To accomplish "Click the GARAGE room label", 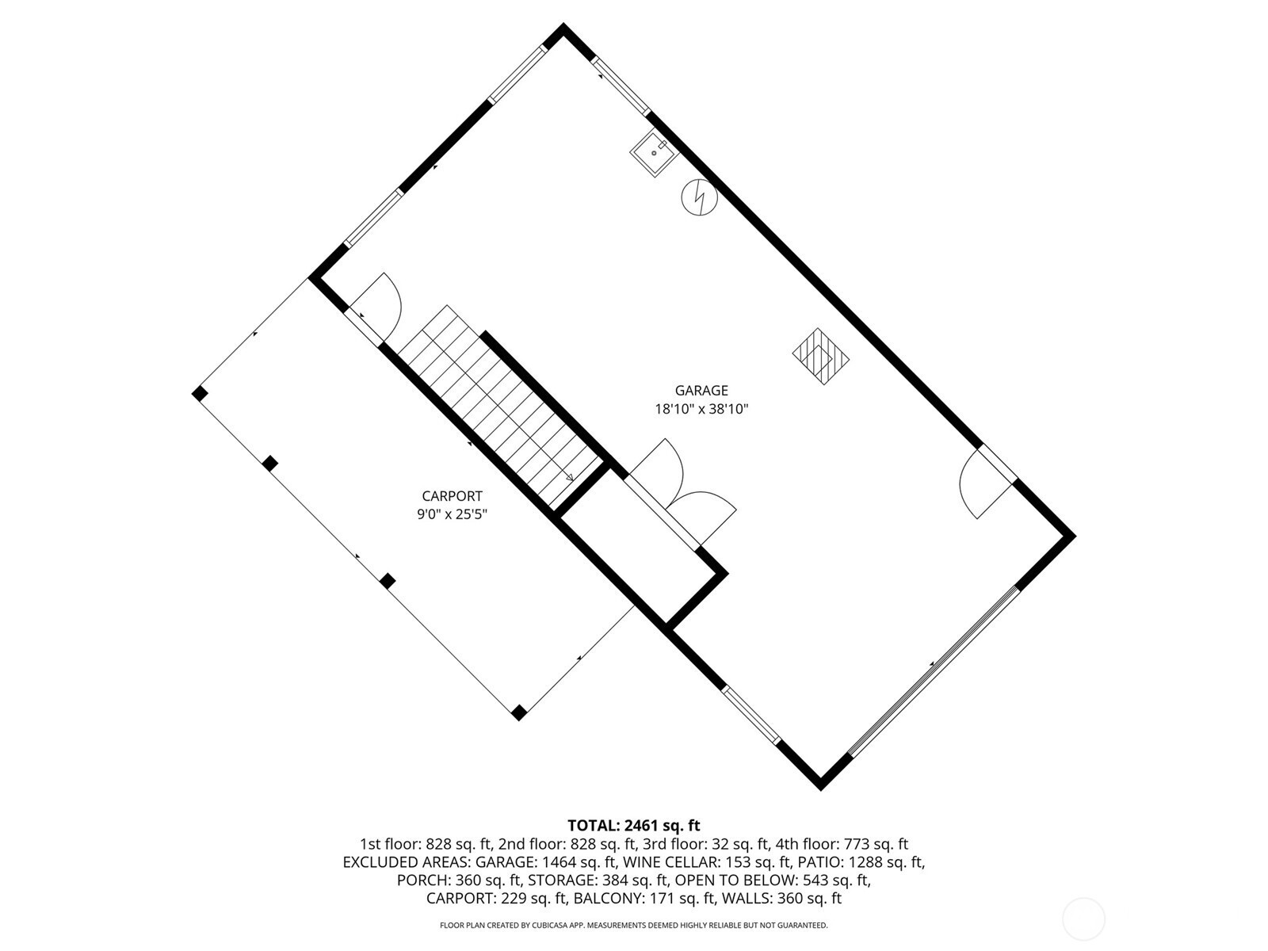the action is [701, 391].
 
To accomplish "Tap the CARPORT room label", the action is [452, 496].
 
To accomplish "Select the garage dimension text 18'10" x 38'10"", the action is [701, 410].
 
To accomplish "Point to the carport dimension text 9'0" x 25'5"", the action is [452, 514].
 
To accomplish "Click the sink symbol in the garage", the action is [654, 154].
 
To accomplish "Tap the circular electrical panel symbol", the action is [700, 197].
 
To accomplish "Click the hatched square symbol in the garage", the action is [820, 357].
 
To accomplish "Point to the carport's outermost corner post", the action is [200, 394].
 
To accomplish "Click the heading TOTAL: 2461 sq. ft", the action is [634, 825].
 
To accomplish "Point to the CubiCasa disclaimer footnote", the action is [634, 925].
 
